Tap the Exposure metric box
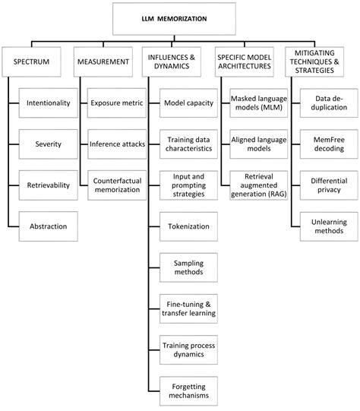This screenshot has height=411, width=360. [x=115, y=102]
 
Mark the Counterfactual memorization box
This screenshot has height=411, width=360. [x=115, y=184]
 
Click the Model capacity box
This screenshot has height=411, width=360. [x=187, y=102]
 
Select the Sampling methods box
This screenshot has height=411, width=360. [x=187, y=267]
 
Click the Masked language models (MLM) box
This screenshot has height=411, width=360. [x=258, y=102]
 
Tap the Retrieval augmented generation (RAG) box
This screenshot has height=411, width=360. [x=258, y=184]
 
